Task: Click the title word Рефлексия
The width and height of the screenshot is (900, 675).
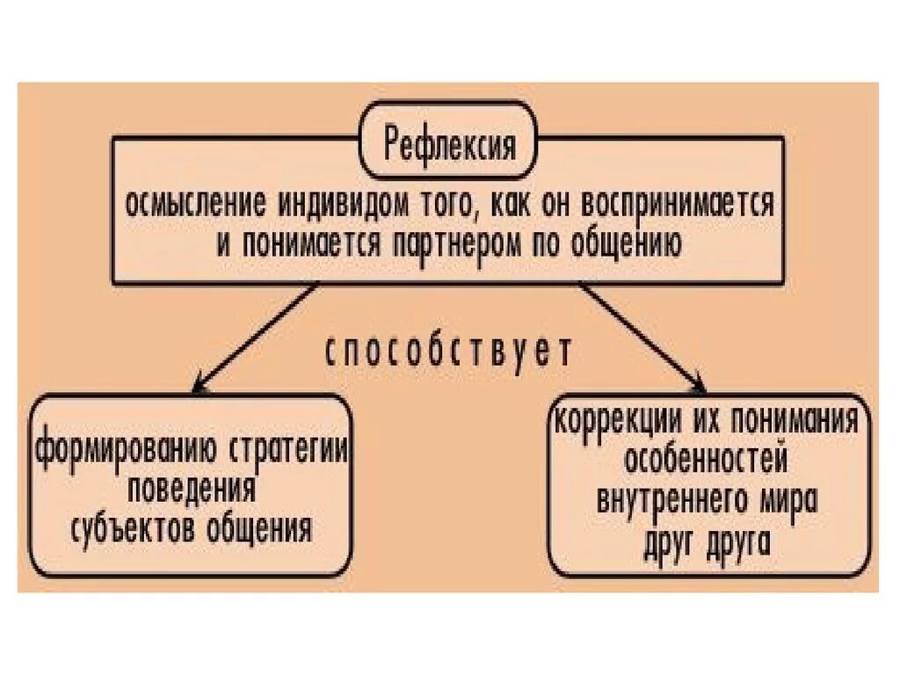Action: tap(449, 142)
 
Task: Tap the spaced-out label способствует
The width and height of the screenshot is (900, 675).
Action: tap(449, 352)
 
